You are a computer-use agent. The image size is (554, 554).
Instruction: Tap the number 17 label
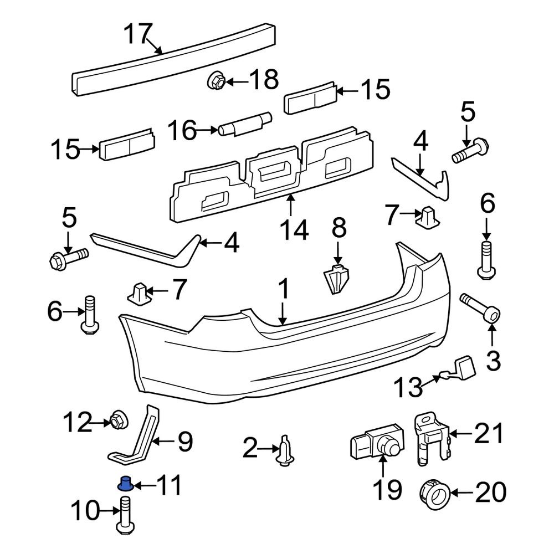click(137, 34)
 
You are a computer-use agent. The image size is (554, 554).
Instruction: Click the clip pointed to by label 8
click(336, 279)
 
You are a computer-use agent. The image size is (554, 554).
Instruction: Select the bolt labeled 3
click(480, 307)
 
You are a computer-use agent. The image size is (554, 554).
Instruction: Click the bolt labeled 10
click(126, 518)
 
